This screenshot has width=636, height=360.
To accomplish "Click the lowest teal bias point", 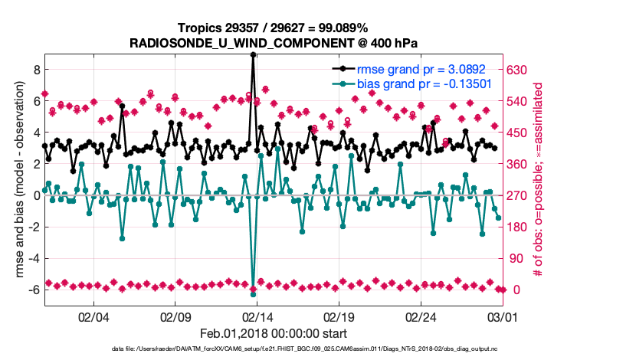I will coord(253,294).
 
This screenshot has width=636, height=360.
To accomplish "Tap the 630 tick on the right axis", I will coord(519,70).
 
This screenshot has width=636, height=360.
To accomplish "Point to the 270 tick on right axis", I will coord(519,195).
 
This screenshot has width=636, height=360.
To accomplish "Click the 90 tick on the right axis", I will coord(516,258).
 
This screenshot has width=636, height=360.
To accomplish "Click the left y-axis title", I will coord(13,181).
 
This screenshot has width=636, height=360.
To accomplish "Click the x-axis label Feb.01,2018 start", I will coord(274,333).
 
